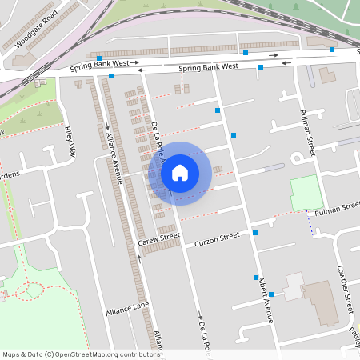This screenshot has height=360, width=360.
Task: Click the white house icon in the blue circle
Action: click(179, 172)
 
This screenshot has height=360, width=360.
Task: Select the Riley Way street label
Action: click(71, 141)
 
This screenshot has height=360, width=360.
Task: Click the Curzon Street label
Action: click(218, 238)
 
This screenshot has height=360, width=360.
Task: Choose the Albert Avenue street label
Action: click(265, 299)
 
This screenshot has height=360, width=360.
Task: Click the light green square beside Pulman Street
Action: click(305, 193)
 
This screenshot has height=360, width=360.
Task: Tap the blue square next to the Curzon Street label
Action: click(255, 233)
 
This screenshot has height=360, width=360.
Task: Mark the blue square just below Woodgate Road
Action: click(98, 58)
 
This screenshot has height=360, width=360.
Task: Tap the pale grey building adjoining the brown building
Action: click(294, 286)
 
